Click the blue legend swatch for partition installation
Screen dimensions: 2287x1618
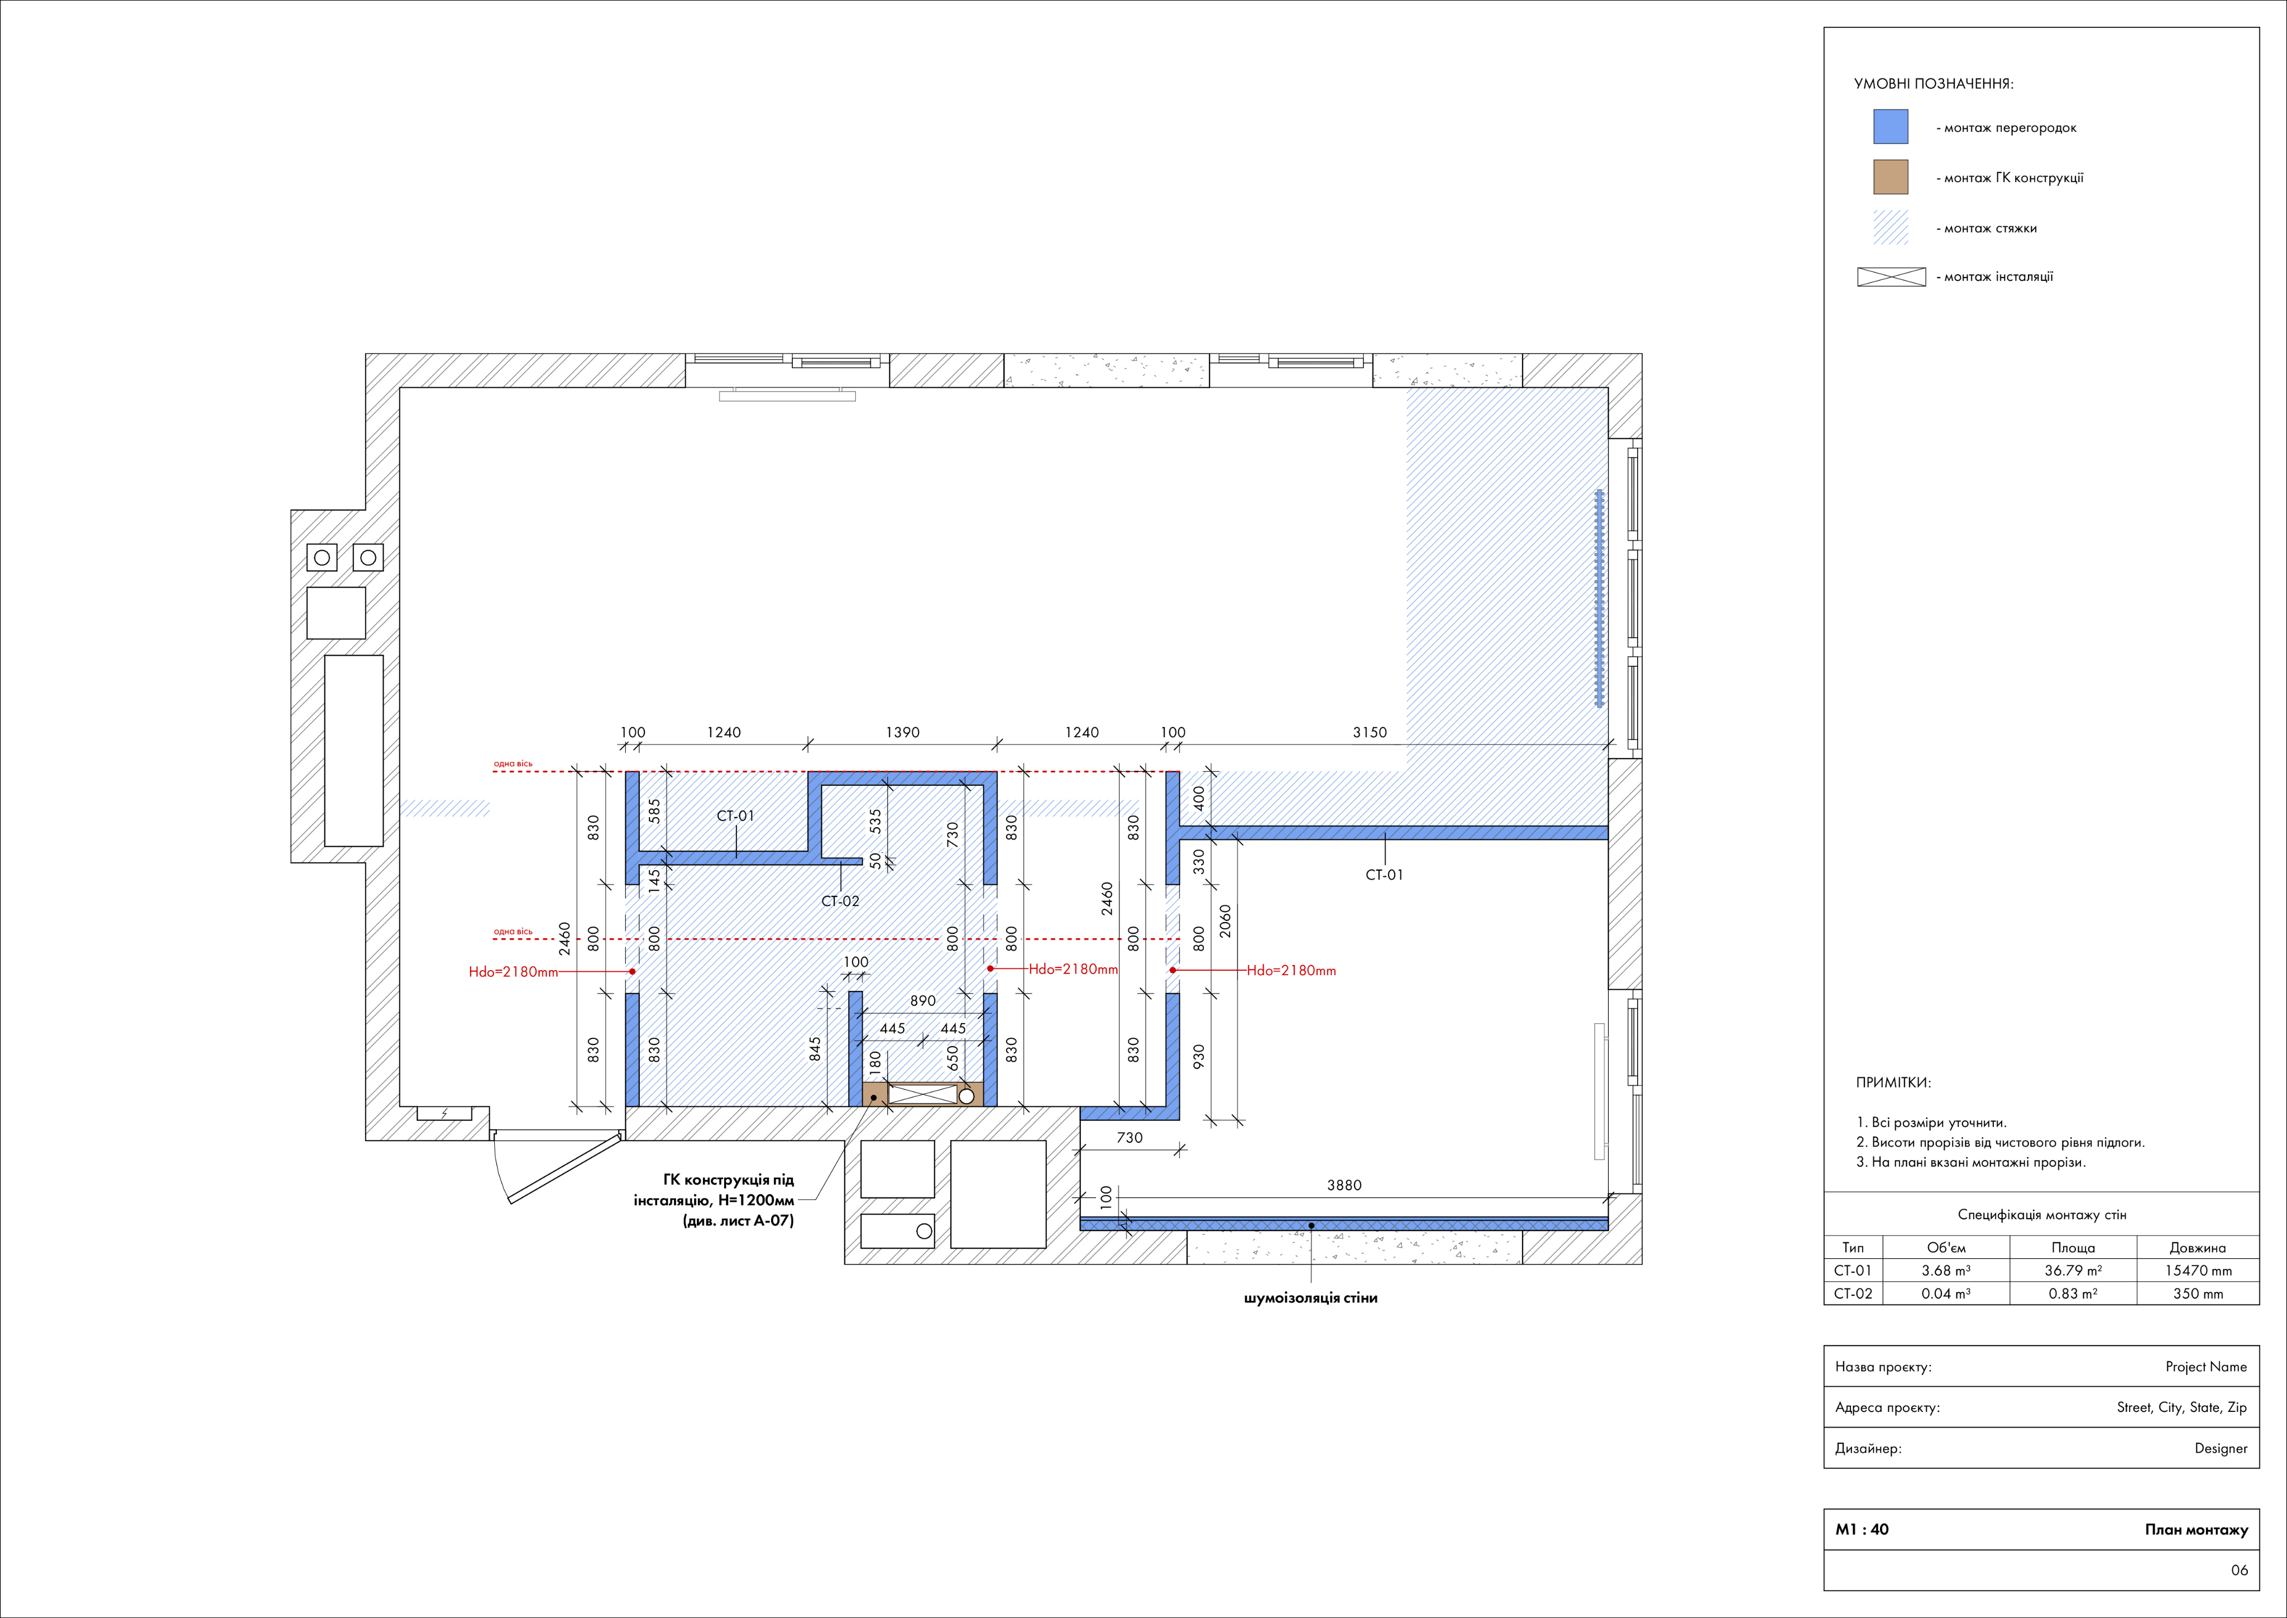(1891, 127)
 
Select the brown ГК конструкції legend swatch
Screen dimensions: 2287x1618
(1891, 178)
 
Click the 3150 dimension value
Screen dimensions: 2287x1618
(1370, 732)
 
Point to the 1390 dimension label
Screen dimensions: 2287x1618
(902, 732)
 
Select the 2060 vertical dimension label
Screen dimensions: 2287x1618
(1225, 920)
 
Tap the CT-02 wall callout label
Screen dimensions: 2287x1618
(840, 901)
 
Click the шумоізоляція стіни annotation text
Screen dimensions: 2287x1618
(1311, 1298)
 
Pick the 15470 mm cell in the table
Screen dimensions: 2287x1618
(2198, 1270)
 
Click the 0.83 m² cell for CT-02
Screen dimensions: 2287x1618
(2073, 1293)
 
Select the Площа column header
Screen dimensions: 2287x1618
(2073, 1247)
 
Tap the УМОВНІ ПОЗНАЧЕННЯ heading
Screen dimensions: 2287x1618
(1934, 84)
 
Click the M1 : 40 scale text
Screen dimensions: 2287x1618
(1862, 1529)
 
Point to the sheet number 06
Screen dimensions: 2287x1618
(2239, 1570)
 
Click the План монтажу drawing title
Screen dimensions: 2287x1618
(2197, 1529)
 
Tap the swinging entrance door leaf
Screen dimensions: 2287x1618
(565, 1168)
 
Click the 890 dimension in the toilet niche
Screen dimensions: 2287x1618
(922, 1000)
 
